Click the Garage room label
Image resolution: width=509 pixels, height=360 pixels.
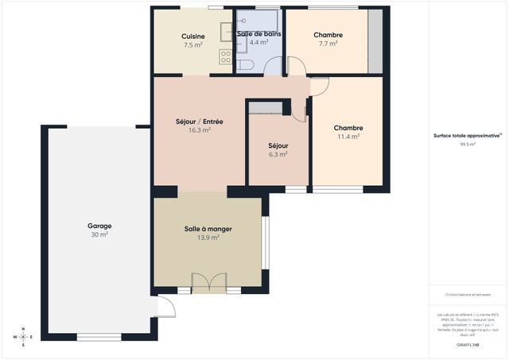99,226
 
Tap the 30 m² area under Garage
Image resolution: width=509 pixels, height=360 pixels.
99,234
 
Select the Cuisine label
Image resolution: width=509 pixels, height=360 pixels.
193,37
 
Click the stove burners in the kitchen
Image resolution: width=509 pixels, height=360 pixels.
226,56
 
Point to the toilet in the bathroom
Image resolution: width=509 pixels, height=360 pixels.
245,64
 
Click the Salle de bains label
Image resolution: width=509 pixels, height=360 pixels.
258,34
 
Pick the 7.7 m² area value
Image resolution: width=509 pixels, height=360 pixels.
328,45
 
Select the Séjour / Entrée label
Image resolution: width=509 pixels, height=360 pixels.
199,122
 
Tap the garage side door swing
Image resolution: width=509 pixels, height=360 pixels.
165,307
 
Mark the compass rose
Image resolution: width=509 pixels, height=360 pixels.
24,337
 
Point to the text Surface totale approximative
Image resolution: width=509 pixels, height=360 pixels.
466,136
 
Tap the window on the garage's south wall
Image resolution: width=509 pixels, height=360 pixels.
99,337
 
